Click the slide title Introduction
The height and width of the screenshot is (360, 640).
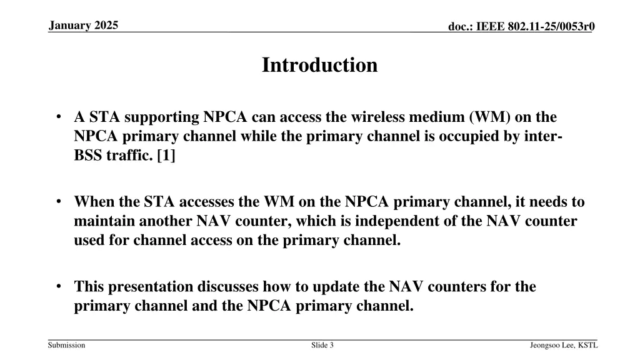pos(319,65)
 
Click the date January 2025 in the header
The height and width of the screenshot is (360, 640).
pos(82,25)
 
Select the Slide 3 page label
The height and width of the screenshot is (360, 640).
pos(322,345)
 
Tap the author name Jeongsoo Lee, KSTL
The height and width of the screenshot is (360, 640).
pos(563,345)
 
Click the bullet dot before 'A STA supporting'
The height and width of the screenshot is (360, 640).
pos(57,117)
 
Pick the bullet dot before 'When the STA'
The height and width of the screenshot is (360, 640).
pos(57,202)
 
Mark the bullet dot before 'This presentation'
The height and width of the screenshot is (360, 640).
pos(57,287)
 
